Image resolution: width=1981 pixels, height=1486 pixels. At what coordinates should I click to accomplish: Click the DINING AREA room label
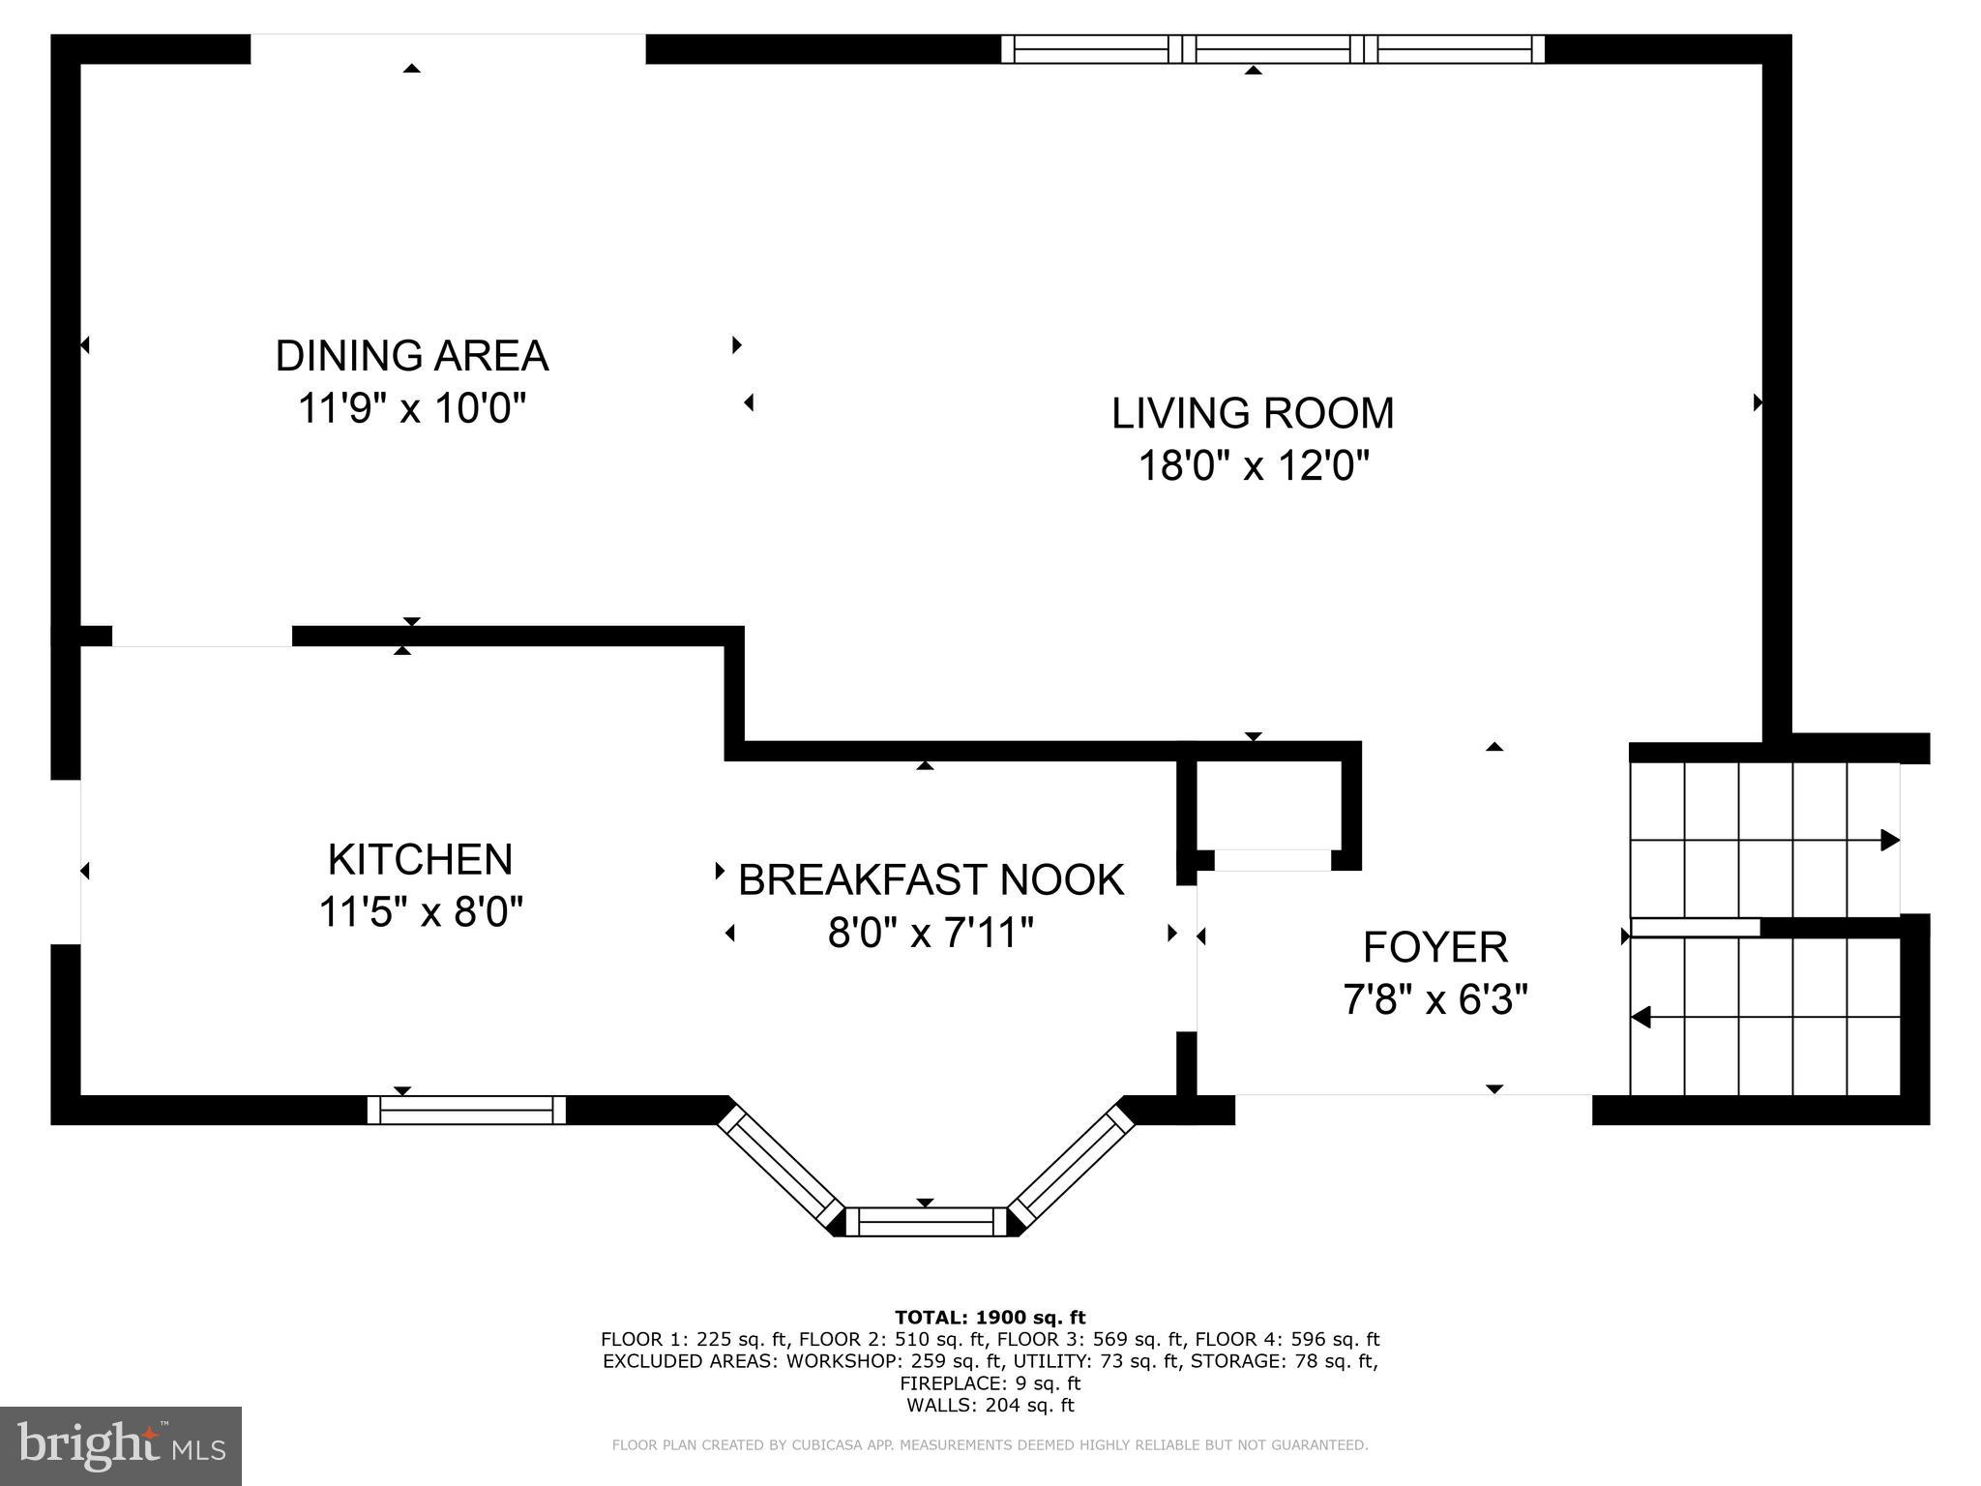pyautogui.click(x=412, y=356)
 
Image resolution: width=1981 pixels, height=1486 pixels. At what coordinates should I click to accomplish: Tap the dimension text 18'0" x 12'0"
pyautogui.click(x=1254, y=466)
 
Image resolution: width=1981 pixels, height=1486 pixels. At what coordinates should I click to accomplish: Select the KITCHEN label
pyautogui.click(x=420, y=859)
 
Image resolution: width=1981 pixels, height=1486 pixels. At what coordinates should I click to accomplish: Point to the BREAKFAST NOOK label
pyautogui.click(x=931, y=880)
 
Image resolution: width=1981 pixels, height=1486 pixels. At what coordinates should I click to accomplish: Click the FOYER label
pyautogui.click(x=1435, y=947)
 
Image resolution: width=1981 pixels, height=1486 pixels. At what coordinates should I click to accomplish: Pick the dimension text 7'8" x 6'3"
pyautogui.click(x=1435, y=999)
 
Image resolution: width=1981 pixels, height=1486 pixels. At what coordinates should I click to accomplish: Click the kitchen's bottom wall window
pyautogui.click(x=466, y=1110)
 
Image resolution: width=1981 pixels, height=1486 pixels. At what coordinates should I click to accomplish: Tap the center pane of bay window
pyautogui.click(x=927, y=1222)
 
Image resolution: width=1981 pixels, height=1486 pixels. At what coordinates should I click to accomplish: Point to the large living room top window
pyautogui.click(x=1272, y=48)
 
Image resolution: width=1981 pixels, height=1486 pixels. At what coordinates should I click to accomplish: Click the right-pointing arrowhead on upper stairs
pyautogui.click(x=1889, y=840)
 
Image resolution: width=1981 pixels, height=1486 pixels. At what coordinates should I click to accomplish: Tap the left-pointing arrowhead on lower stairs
pyautogui.click(x=1641, y=1017)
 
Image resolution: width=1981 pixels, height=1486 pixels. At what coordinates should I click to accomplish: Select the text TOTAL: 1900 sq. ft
pyautogui.click(x=990, y=1317)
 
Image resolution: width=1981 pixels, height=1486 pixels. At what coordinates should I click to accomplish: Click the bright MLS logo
pyautogui.click(x=121, y=1445)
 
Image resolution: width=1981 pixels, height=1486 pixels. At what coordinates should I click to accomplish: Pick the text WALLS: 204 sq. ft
pyautogui.click(x=990, y=1405)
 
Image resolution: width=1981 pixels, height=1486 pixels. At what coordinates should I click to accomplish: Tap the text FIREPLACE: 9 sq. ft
pyautogui.click(x=990, y=1383)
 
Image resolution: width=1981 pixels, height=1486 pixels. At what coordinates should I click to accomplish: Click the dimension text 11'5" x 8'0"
pyautogui.click(x=421, y=911)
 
